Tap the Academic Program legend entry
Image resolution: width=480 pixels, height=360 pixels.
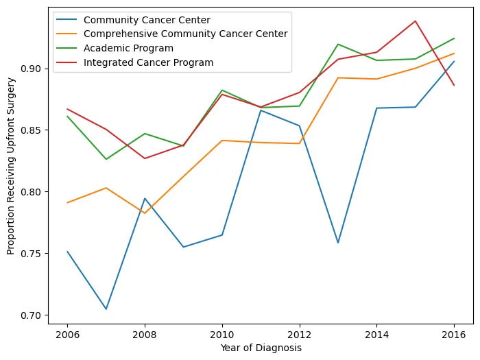(x=128, y=48)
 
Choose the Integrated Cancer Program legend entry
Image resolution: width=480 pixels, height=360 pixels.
(x=148, y=62)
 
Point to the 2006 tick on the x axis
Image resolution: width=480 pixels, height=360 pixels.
(x=67, y=335)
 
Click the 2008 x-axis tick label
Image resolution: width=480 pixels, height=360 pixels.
(x=145, y=335)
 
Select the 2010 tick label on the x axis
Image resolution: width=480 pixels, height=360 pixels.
(x=221, y=335)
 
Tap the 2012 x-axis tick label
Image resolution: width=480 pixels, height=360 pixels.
(x=299, y=335)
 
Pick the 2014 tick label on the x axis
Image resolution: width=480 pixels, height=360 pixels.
(x=376, y=335)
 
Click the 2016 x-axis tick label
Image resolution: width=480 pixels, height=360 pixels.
(x=454, y=335)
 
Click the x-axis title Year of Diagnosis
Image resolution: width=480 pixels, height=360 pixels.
(x=261, y=348)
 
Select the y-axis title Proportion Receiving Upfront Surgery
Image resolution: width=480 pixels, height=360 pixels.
(x=11, y=165)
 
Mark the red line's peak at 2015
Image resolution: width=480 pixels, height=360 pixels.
(x=415, y=21)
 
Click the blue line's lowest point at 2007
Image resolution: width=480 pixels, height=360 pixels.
(x=106, y=309)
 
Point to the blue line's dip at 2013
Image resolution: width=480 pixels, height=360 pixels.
(x=338, y=243)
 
